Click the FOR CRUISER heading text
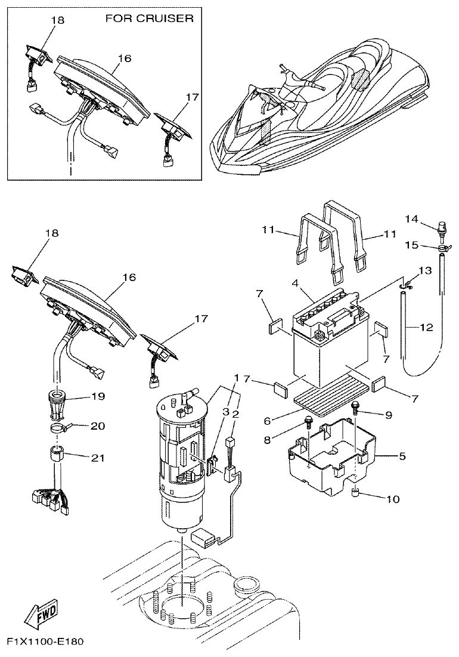click(149, 18)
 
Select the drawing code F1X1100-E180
click(45, 642)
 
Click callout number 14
click(412, 218)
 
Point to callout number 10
click(394, 498)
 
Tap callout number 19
click(97, 396)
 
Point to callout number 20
click(97, 426)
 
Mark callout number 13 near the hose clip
click(424, 270)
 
